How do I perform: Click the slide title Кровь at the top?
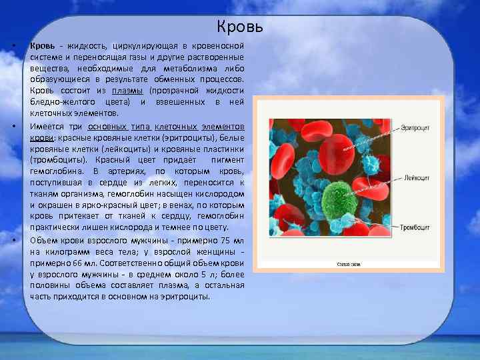240,27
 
